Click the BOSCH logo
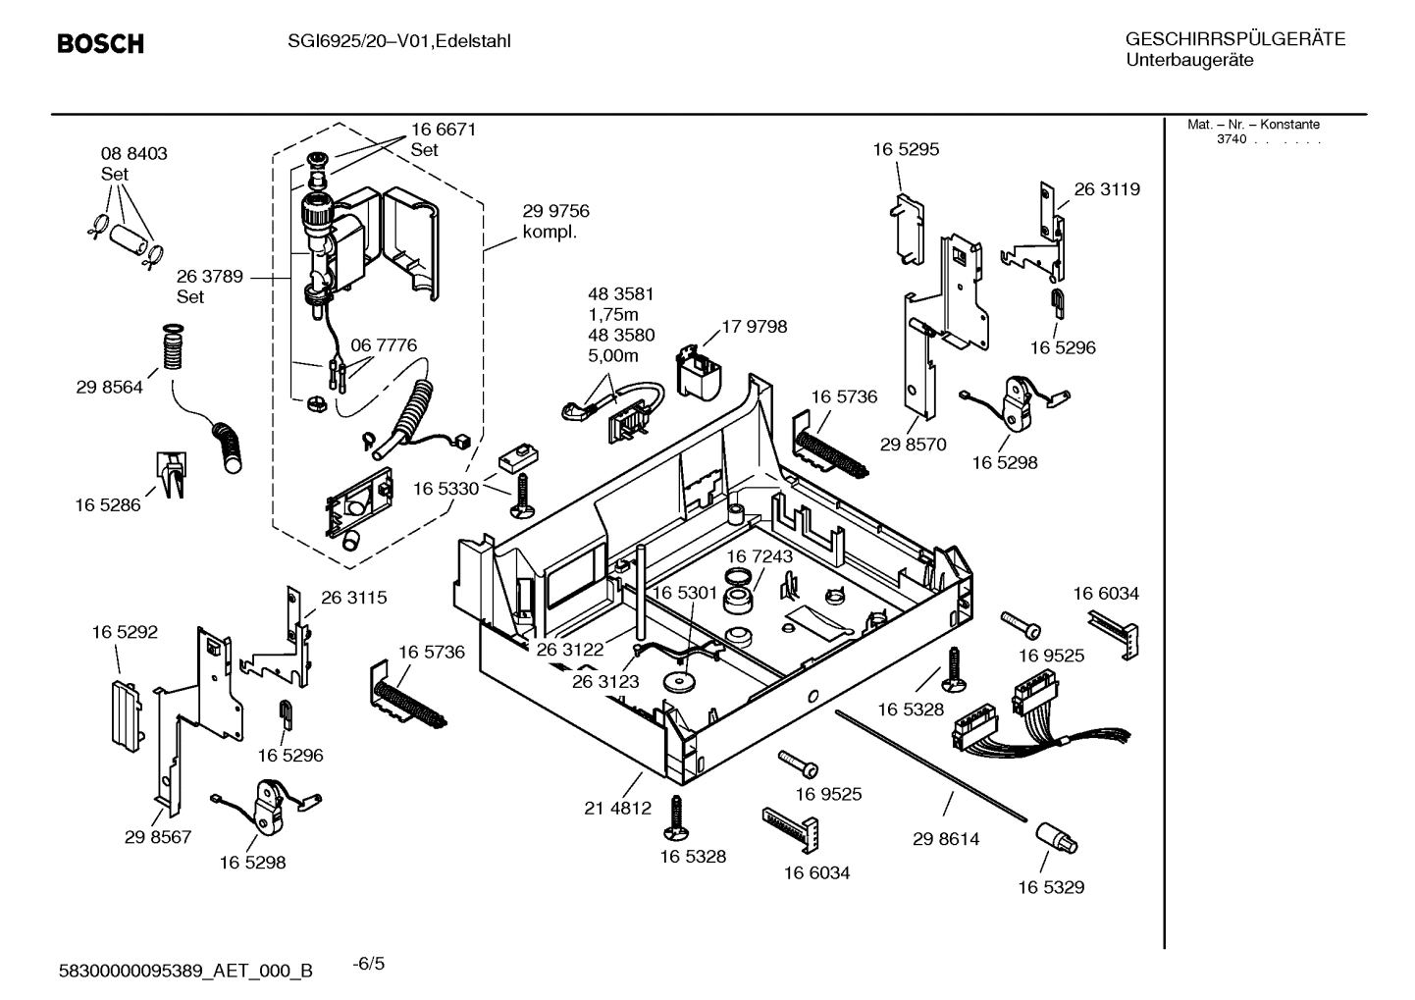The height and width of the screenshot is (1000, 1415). click(100, 44)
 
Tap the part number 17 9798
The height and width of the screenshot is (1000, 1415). click(754, 327)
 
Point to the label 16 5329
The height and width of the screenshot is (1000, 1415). click(1050, 887)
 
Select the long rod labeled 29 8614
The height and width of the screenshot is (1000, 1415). click(932, 765)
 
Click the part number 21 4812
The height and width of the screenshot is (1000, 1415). click(617, 809)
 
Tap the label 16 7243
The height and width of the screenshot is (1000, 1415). click(760, 556)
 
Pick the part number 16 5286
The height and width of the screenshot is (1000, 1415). click(108, 505)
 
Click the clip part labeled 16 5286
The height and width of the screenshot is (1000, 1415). click(170, 473)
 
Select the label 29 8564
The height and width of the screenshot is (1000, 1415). click(109, 387)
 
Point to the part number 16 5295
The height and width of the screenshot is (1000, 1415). click(906, 149)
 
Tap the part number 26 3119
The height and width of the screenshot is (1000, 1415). click(1107, 189)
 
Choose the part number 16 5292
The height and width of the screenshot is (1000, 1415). click(125, 633)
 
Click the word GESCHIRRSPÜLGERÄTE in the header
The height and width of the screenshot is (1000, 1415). click(1234, 40)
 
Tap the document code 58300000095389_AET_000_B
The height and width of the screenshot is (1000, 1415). click(186, 971)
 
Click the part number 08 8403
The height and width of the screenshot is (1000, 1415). click(133, 154)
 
